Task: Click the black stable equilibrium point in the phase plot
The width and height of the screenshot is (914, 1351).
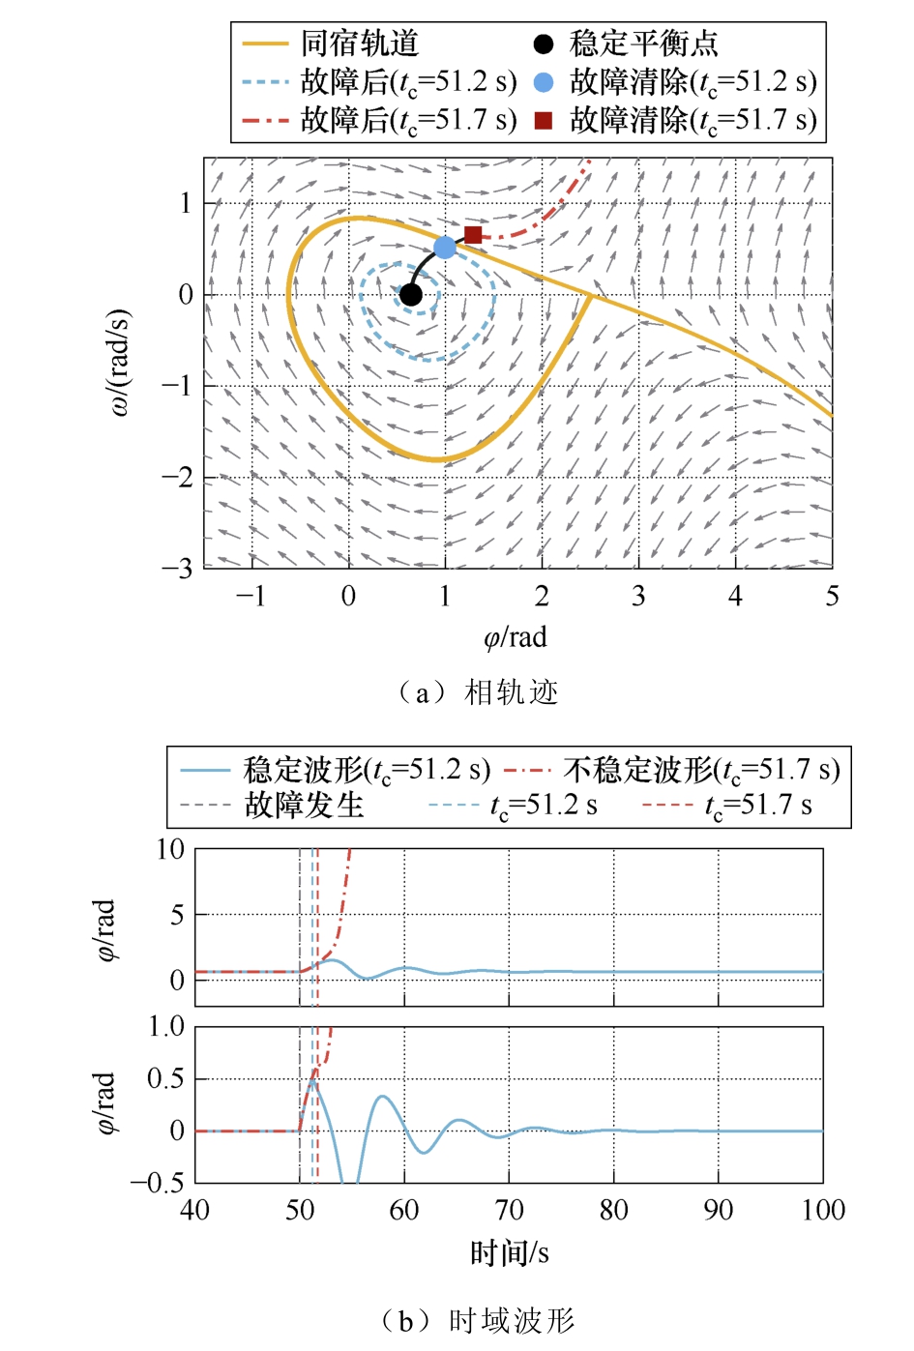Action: [x=411, y=295]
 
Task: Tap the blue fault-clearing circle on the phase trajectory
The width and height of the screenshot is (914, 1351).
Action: [x=445, y=248]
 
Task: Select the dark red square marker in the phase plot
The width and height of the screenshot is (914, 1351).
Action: [x=473, y=235]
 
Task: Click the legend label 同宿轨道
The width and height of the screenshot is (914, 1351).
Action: [x=360, y=44]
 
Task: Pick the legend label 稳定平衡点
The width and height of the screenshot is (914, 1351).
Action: [x=643, y=44]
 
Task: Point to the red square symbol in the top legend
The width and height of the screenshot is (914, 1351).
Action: [x=544, y=121]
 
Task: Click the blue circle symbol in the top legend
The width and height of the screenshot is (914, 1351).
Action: [x=544, y=82]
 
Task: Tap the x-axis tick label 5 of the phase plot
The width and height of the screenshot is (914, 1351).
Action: [x=832, y=597]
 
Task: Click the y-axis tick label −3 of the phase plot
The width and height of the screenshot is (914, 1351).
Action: [x=177, y=569]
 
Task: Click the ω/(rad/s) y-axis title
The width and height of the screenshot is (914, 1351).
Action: [x=120, y=363]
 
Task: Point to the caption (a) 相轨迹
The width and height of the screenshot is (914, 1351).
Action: [x=477, y=692]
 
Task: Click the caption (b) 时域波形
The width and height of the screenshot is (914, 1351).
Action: [x=477, y=1321]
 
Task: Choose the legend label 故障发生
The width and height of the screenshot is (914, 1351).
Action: [x=304, y=806]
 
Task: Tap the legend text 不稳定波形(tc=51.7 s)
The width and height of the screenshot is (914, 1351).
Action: [x=701, y=770]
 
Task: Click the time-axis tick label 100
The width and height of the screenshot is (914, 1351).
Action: [x=823, y=1211]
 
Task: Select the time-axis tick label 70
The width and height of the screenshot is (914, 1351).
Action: [x=509, y=1211]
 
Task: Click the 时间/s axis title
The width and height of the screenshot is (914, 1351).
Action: [x=509, y=1254]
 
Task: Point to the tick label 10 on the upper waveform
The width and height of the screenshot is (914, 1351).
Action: [x=170, y=850]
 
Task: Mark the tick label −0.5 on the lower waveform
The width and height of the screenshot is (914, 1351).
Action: [x=158, y=1184]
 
